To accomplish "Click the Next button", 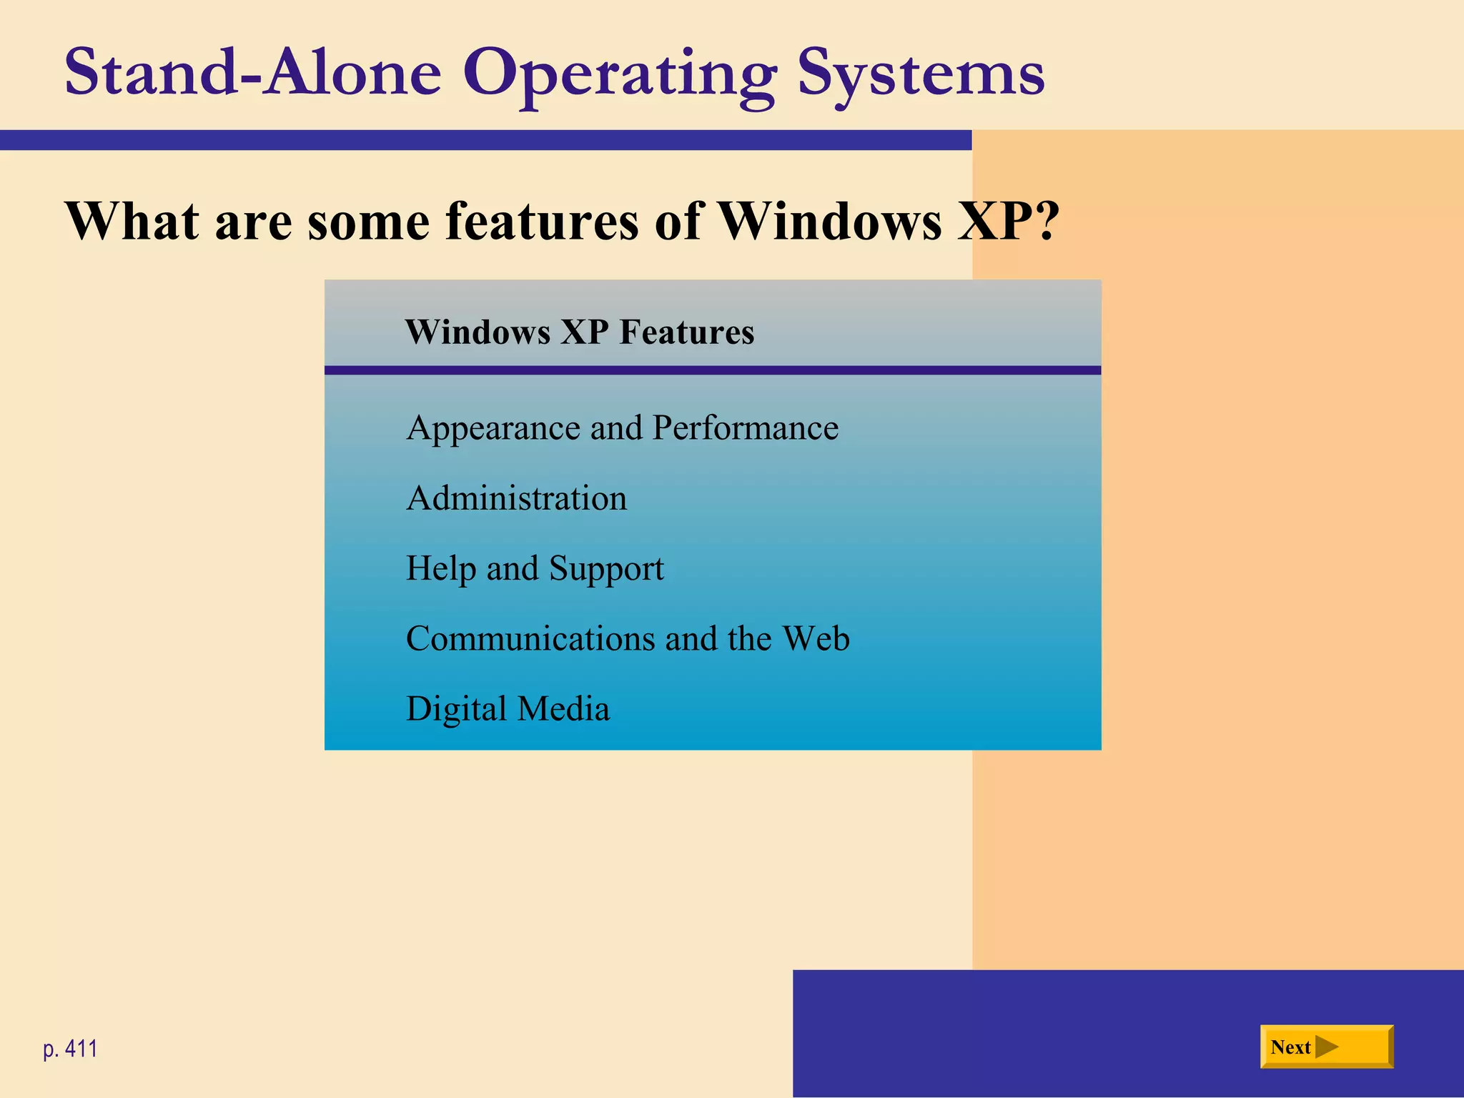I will coord(1326,1047).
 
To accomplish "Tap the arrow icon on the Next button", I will coord(1327,1047).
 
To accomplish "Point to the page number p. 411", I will coord(70,1049).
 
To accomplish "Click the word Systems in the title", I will coord(921,73).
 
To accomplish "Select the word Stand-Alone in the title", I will coord(253,73).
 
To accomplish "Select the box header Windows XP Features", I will coord(579,332).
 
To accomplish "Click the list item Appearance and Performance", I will coord(622,428).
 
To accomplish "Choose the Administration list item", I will coord(516,498).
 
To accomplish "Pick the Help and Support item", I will coord(535,569).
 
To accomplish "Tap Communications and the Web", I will coord(628,638).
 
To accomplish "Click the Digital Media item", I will coord(508,709).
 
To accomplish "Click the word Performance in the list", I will coord(745,428).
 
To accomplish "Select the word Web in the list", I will coord(816,638).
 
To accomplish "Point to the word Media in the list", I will coord(563,709).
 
